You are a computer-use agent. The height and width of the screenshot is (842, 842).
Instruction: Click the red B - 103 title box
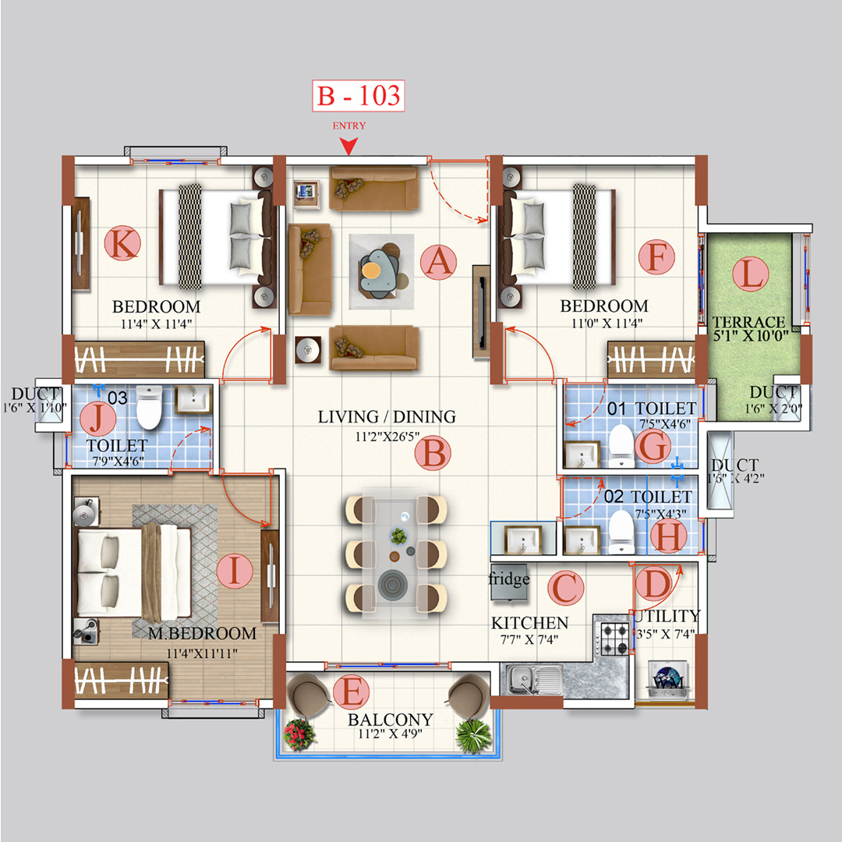(x=359, y=96)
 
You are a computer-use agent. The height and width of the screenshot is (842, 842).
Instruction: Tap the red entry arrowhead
(x=348, y=146)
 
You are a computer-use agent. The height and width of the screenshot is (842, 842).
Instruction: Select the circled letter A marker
(x=438, y=262)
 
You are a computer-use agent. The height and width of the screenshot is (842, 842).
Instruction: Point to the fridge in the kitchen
(x=509, y=582)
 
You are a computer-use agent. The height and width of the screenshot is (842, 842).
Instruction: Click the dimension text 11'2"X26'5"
(x=387, y=436)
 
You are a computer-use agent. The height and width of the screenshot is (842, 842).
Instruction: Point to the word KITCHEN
(x=529, y=624)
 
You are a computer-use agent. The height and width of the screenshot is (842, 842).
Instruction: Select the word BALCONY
(x=391, y=719)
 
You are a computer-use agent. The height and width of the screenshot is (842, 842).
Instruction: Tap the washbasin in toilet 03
(x=192, y=400)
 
